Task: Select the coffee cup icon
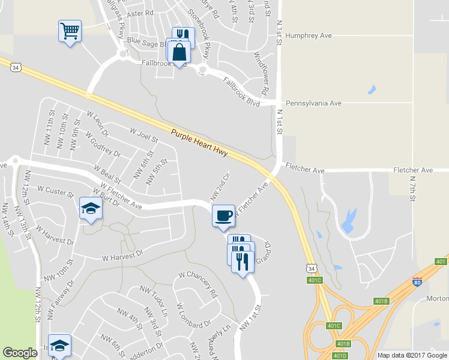(x=223, y=215)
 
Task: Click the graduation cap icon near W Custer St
(x=91, y=208)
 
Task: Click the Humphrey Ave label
(x=309, y=36)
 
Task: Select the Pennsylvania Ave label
(x=313, y=103)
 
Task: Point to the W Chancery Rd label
(x=197, y=284)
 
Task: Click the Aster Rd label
(x=140, y=13)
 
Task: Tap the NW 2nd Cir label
(x=220, y=186)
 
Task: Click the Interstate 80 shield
(x=418, y=280)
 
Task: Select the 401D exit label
(x=339, y=355)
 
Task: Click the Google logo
(x=20, y=353)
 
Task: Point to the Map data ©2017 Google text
(x=411, y=355)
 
